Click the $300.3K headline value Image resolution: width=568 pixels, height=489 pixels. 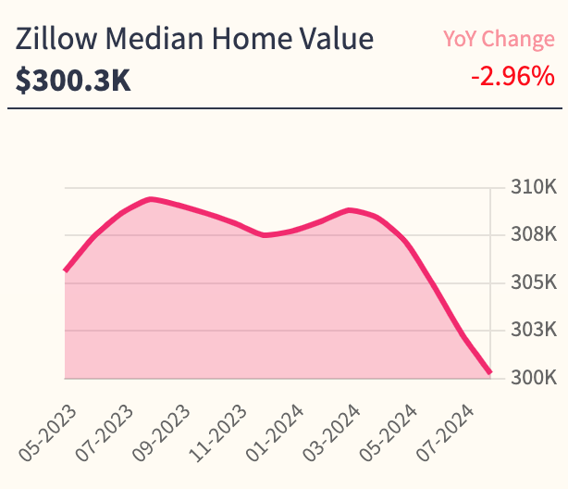pos(73,81)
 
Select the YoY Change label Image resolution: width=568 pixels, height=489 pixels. pos(498,39)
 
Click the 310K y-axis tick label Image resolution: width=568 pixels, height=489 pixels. pos(533,188)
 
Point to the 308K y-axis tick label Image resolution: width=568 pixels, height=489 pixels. pos(533,235)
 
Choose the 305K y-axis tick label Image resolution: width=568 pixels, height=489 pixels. pos(533,282)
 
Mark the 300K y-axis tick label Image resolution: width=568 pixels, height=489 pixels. pos(533,378)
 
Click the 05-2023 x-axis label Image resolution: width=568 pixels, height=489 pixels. pos(48,433)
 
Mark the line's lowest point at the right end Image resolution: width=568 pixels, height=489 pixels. pos(490,373)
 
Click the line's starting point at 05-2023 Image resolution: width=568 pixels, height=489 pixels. pos(65,270)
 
